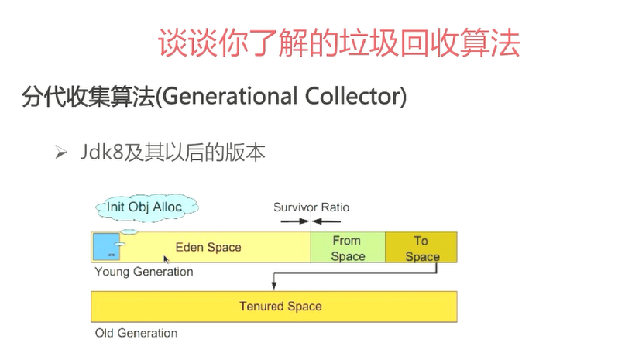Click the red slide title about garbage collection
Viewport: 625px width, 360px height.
338,43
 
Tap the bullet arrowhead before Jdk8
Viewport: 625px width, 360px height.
61,153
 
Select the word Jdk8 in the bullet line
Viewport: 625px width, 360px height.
101,152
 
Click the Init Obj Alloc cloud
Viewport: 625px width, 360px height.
146,207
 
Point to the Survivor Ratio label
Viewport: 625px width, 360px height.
311,207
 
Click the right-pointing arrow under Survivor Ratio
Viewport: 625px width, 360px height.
294,221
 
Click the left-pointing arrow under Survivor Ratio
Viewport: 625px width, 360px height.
326,221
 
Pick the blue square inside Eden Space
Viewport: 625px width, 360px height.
106,247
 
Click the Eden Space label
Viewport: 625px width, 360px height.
208,247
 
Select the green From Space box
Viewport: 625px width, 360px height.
348,247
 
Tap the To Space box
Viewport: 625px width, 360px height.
421,247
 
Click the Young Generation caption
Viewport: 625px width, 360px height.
144,272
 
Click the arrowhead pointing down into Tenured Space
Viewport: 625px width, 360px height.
274,286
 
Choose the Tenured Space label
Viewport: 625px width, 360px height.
280,306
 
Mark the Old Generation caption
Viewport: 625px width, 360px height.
136,333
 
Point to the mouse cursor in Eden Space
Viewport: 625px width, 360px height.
166,259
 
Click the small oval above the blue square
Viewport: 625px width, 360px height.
129,231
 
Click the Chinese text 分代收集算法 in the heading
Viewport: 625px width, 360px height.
88,97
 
